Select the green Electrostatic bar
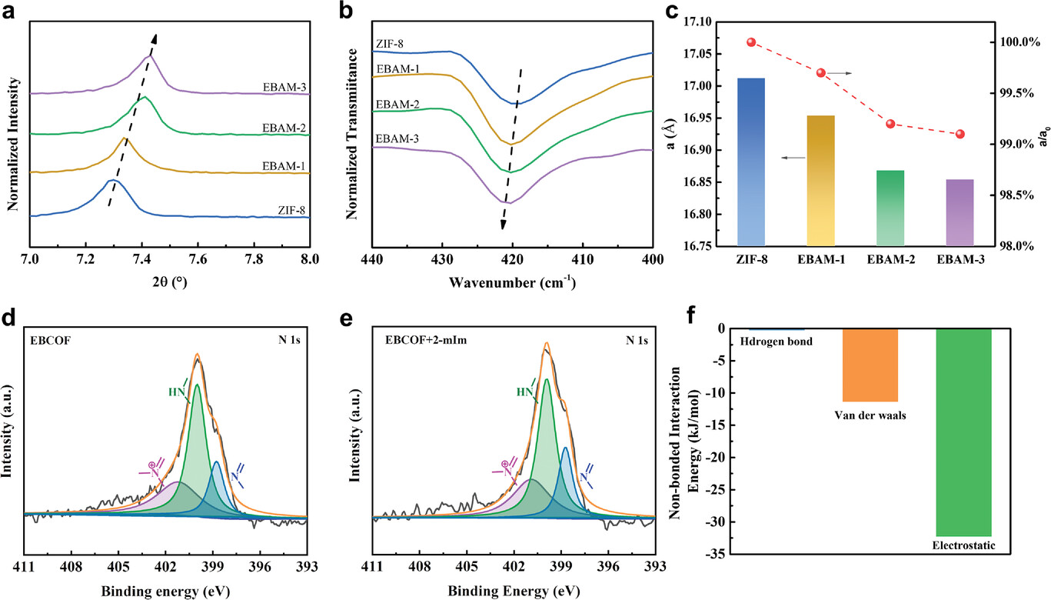[964, 432]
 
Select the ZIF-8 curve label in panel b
[388, 45]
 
